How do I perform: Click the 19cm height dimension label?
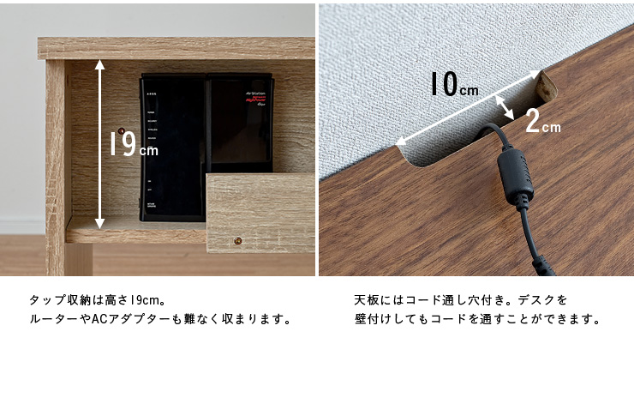pyautogui.click(x=134, y=143)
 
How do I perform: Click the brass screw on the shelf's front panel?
pyautogui.click(x=236, y=242)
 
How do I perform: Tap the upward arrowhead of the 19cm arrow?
pyautogui.click(x=100, y=63)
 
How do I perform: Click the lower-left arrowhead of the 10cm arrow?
pyautogui.click(x=399, y=139)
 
